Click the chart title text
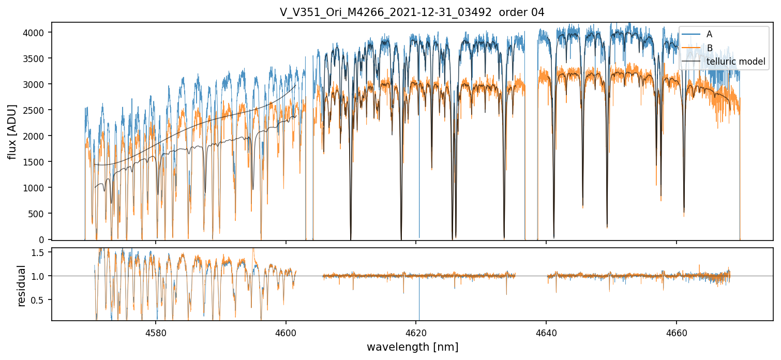tap(412, 12)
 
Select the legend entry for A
tap(709, 34)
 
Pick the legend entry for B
tap(709, 48)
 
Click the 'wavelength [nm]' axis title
tap(412, 347)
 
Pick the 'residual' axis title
tap(21, 286)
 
